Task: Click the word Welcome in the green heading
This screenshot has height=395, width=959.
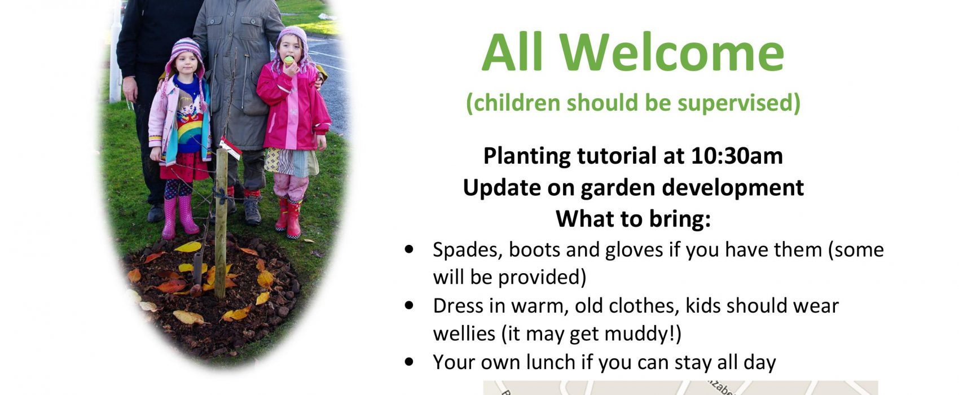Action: click(x=672, y=52)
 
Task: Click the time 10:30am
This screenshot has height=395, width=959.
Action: click(x=737, y=156)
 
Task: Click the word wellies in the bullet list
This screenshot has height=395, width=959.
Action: click(x=464, y=333)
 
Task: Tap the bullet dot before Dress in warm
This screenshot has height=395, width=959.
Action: click(x=410, y=305)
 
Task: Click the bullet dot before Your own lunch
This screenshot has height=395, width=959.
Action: click(x=410, y=362)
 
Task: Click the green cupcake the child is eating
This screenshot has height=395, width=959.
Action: click(x=289, y=60)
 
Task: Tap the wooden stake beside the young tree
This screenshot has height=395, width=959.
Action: click(x=221, y=223)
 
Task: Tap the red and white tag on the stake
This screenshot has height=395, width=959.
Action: click(x=231, y=148)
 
